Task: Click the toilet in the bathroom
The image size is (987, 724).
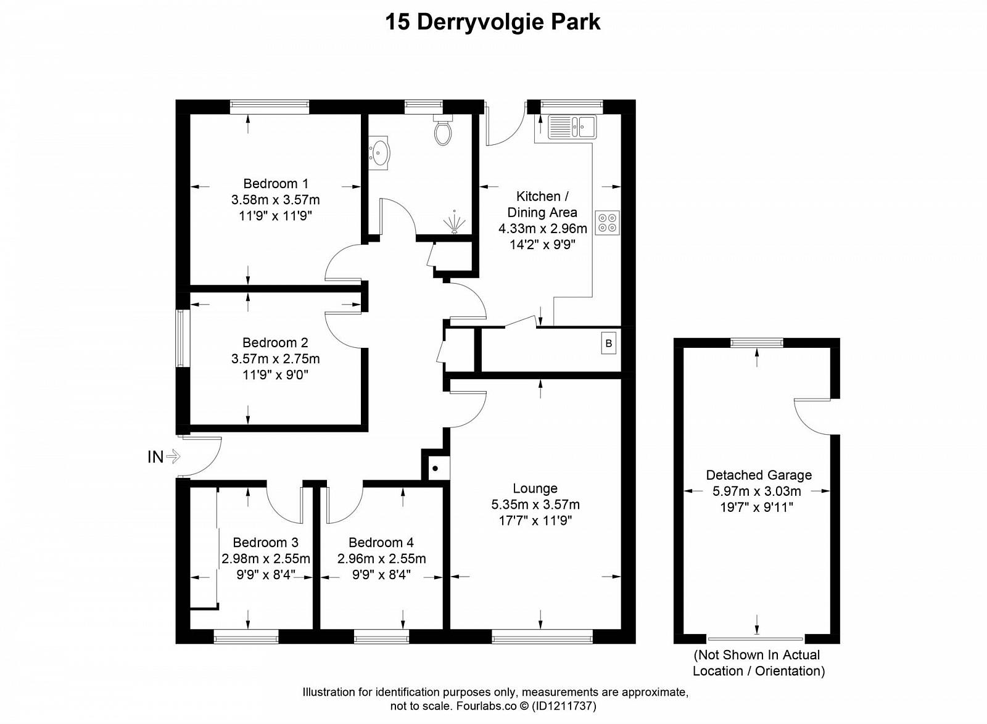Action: coord(443,130)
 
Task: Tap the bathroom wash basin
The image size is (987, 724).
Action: coord(379,153)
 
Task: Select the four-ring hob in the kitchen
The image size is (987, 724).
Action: coord(607,223)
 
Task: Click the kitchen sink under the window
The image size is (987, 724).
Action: coord(572,127)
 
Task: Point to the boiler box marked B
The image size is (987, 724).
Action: coord(608,343)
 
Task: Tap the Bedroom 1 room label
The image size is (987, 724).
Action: coord(276,183)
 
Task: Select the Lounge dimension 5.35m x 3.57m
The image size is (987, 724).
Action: coord(535,504)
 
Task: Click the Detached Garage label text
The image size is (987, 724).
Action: coord(759,475)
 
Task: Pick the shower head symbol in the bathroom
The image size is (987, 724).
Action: coord(454,223)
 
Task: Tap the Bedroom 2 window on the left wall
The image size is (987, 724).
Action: coord(180,338)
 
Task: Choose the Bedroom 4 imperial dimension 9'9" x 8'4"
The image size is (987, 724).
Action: coord(382,575)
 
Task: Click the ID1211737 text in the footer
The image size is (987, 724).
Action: coord(564,706)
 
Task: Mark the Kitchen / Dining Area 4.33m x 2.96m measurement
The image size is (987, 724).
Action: coord(542,229)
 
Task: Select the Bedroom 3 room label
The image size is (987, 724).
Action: coord(266,542)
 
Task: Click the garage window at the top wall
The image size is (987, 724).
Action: coord(756,342)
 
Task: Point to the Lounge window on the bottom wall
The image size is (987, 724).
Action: coord(542,636)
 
